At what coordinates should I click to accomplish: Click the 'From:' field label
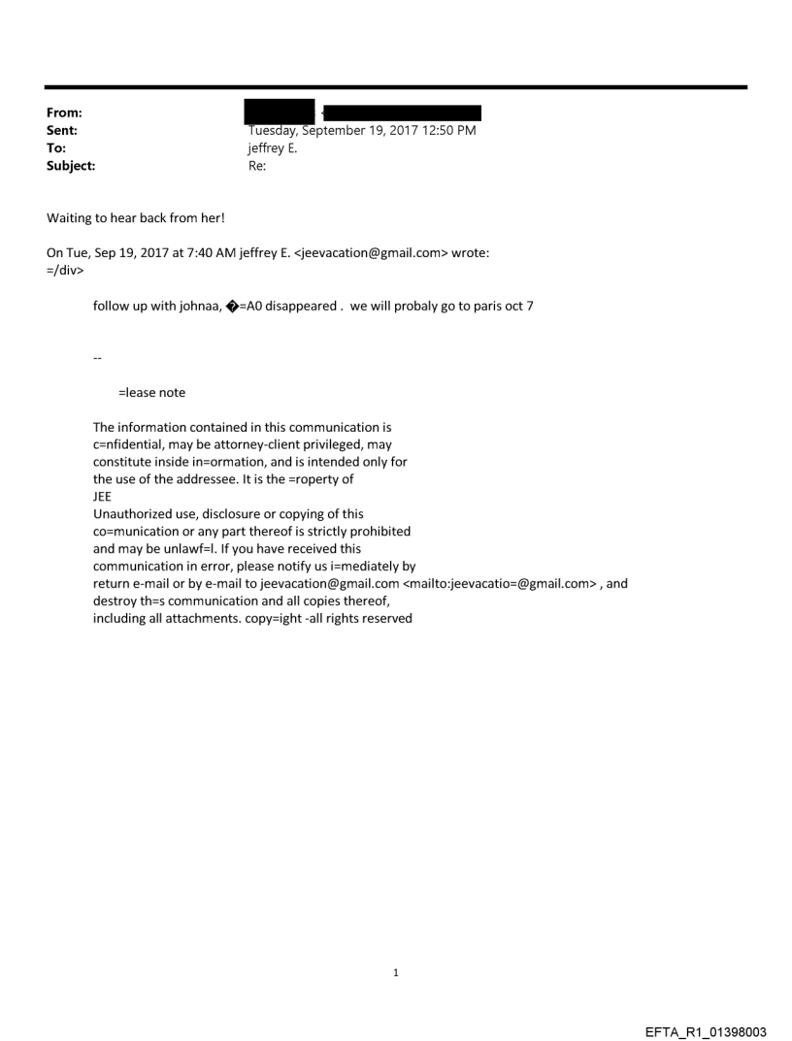[x=63, y=114]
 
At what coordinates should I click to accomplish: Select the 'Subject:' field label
[x=68, y=166]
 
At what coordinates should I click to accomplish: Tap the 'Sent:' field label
[x=62, y=131]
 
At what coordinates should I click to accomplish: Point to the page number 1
[x=396, y=972]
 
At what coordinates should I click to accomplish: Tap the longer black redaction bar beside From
[x=404, y=113]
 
